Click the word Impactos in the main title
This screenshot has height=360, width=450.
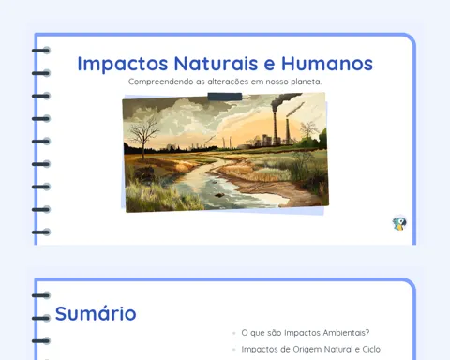point(123,64)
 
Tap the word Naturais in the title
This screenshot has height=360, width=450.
point(216,64)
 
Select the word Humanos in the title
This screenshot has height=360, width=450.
point(327,64)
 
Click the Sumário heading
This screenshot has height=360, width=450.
point(96,313)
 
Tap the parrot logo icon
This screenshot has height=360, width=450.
point(399,223)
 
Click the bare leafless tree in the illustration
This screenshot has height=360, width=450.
point(143,136)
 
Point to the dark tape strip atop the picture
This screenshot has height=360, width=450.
point(225,97)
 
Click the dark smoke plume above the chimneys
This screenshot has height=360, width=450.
point(284,99)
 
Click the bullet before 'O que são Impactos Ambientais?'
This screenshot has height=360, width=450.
point(234,333)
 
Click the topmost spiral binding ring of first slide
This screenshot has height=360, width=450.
point(41,51)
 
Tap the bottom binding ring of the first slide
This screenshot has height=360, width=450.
point(41,232)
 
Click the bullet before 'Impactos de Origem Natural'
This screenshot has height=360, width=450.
point(234,350)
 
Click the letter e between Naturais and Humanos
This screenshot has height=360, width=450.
point(270,65)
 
